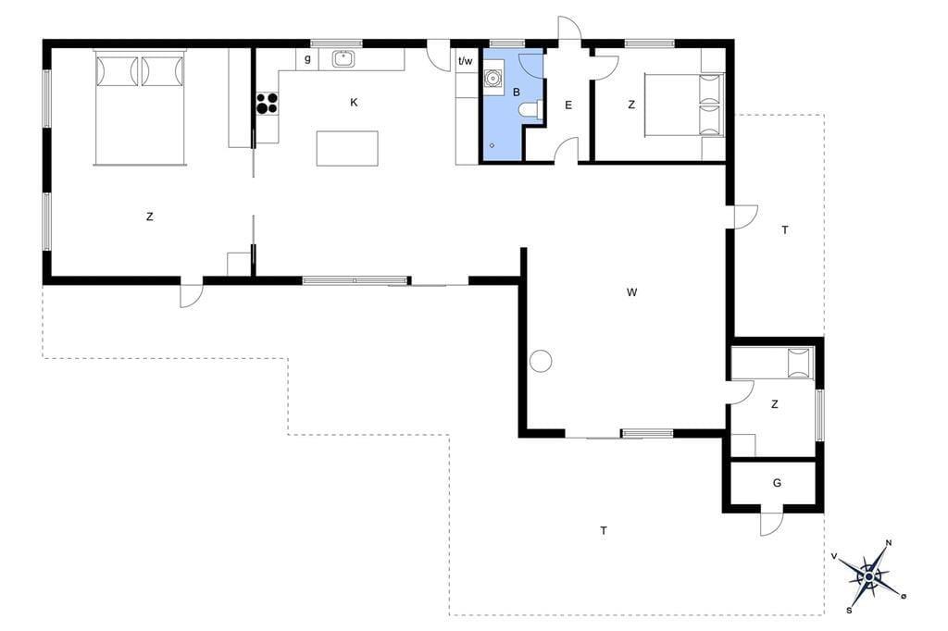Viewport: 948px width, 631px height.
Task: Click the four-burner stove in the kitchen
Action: [x=267, y=104]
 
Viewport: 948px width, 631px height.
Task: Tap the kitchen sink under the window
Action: [x=343, y=59]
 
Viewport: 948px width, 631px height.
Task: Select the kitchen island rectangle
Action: [x=347, y=148]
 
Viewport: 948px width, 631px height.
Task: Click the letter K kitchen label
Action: [x=354, y=102]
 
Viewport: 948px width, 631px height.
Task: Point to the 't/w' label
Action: [x=466, y=60]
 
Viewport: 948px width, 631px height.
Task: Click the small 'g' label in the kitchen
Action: [x=307, y=59]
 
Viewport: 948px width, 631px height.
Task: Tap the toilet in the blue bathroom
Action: [x=531, y=109]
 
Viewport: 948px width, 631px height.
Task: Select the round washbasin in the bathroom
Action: [x=493, y=78]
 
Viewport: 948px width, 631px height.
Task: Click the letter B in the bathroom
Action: [x=517, y=93]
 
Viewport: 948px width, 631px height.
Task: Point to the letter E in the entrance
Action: [x=568, y=105]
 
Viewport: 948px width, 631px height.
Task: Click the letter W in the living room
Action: [x=631, y=292]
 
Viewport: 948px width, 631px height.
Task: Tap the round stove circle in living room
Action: [x=541, y=362]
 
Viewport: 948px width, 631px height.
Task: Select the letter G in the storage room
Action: [x=777, y=483]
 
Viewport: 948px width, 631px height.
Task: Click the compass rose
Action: [x=868, y=576]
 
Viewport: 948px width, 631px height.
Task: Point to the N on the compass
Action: [x=889, y=542]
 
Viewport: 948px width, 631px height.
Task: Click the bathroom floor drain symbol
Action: [x=493, y=145]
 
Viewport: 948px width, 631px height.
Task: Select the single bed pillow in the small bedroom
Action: [x=800, y=364]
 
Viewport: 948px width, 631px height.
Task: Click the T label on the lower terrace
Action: [x=604, y=531]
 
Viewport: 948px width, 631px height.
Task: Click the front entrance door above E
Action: [x=569, y=28]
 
